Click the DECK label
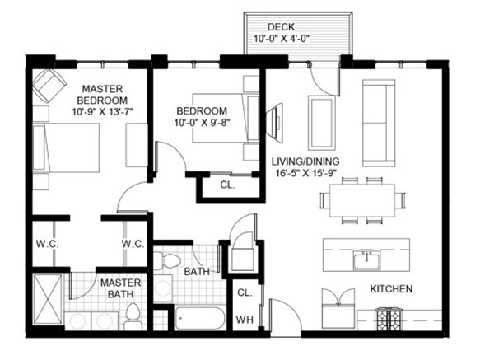[281, 27]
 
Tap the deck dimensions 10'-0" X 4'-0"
[282, 39]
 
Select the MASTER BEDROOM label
[102, 95]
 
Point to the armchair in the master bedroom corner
[49, 86]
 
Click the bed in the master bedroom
[66, 147]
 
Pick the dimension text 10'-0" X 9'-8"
[202, 122]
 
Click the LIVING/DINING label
[305, 161]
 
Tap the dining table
[362, 200]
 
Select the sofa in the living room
[379, 123]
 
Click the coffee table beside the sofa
[322, 123]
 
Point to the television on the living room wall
[274, 121]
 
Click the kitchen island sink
[366, 260]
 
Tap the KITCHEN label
[391, 289]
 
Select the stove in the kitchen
[387, 320]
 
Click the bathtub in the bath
[200, 318]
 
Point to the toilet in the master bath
[133, 317]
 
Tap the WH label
[245, 320]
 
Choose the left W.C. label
[47, 244]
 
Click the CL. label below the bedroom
[227, 185]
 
